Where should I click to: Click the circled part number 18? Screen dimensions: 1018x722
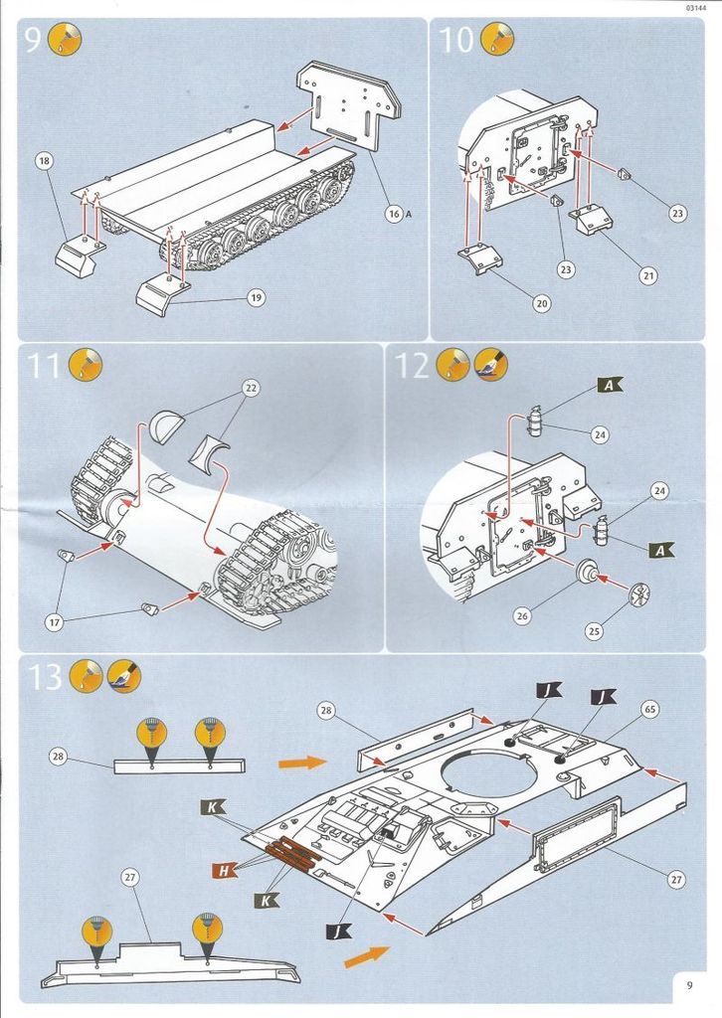coord(44,161)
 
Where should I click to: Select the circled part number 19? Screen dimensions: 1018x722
coord(256,296)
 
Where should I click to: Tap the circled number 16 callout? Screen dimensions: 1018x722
coord(394,213)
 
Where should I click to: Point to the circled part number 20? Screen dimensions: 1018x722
coord(541,303)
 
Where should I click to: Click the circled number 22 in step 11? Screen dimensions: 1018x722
coord(251,389)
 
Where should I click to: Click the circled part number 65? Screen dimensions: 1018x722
coord(649,709)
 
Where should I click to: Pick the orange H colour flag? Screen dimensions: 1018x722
coord(225,871)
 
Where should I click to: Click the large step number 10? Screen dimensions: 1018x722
coord(456,41)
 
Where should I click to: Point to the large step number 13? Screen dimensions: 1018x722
coord(46,678)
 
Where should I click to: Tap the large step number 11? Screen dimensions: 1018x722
coord(46,366)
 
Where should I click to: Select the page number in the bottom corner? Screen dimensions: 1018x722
coord(689,985)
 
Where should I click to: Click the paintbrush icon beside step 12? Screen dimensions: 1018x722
coord(491,365)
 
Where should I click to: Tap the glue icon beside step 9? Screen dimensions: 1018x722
coord(66,40)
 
